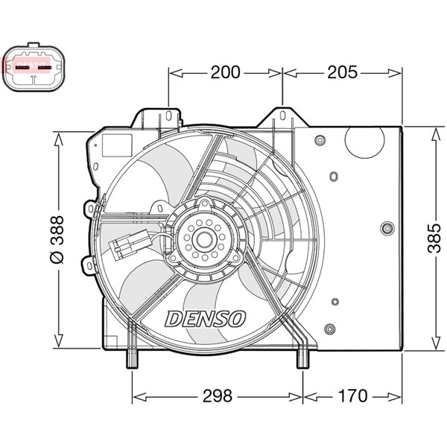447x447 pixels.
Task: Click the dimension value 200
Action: tap(225, 72)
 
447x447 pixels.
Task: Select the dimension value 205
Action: tap(343, 72)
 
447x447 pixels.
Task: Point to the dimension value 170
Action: tap(352, 396)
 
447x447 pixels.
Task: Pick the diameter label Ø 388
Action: tap(57, 238)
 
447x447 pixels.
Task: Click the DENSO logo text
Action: tap(206, 319)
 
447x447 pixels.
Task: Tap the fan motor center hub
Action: tap(203, 238)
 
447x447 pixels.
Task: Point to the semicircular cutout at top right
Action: tap(363, 142)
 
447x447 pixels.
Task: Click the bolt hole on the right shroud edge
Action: tap(386, 229)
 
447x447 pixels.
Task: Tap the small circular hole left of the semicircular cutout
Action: tap(320, 140)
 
